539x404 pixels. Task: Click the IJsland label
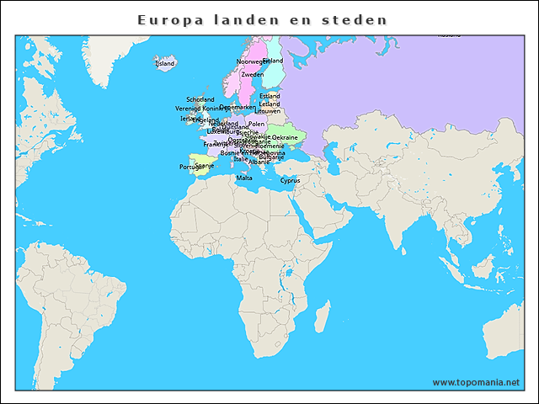tap(165, 63)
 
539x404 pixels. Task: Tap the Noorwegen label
tap(251, 61)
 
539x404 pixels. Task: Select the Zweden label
tap(252, 74)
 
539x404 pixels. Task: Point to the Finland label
tap(273, 61)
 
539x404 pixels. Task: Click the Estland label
tap(269, 96)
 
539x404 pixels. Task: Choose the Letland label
tap(269, 104)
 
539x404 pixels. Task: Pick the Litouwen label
tap(268, 111)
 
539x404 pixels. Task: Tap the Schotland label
tap(200, 99)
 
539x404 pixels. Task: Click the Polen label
tap(256, 124)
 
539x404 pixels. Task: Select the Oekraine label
tap(285, 137)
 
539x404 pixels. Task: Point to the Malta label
tap(244, 178)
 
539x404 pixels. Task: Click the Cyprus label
tap(291, 180)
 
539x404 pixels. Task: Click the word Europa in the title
tap(168, 19)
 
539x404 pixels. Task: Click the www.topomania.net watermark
tap(476, 382)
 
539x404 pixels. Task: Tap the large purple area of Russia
tap(404, 84)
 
